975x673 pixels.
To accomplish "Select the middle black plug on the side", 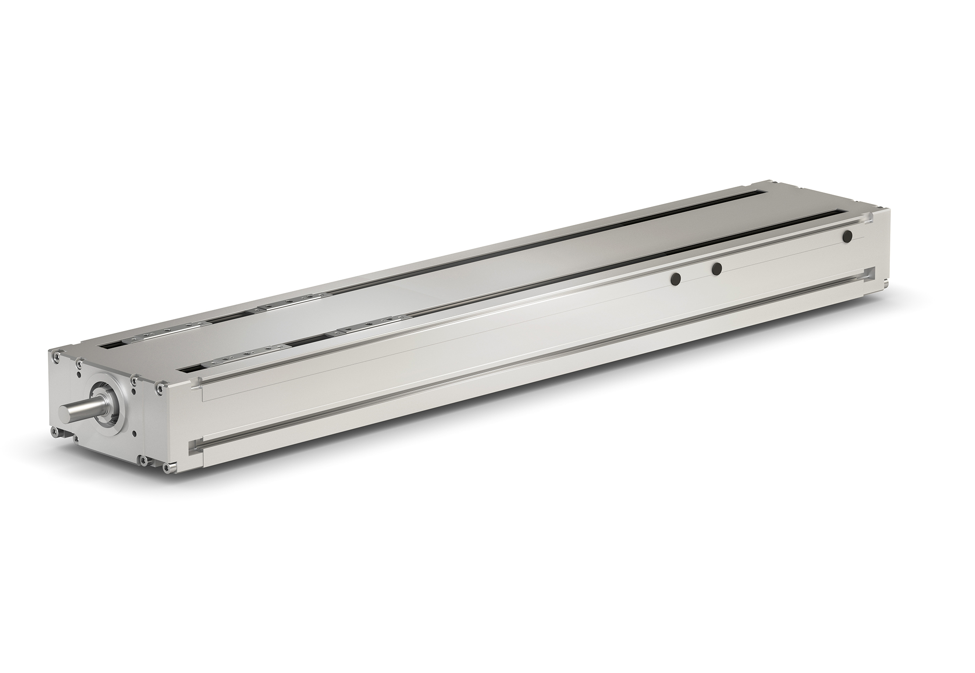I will pos(717,269).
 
